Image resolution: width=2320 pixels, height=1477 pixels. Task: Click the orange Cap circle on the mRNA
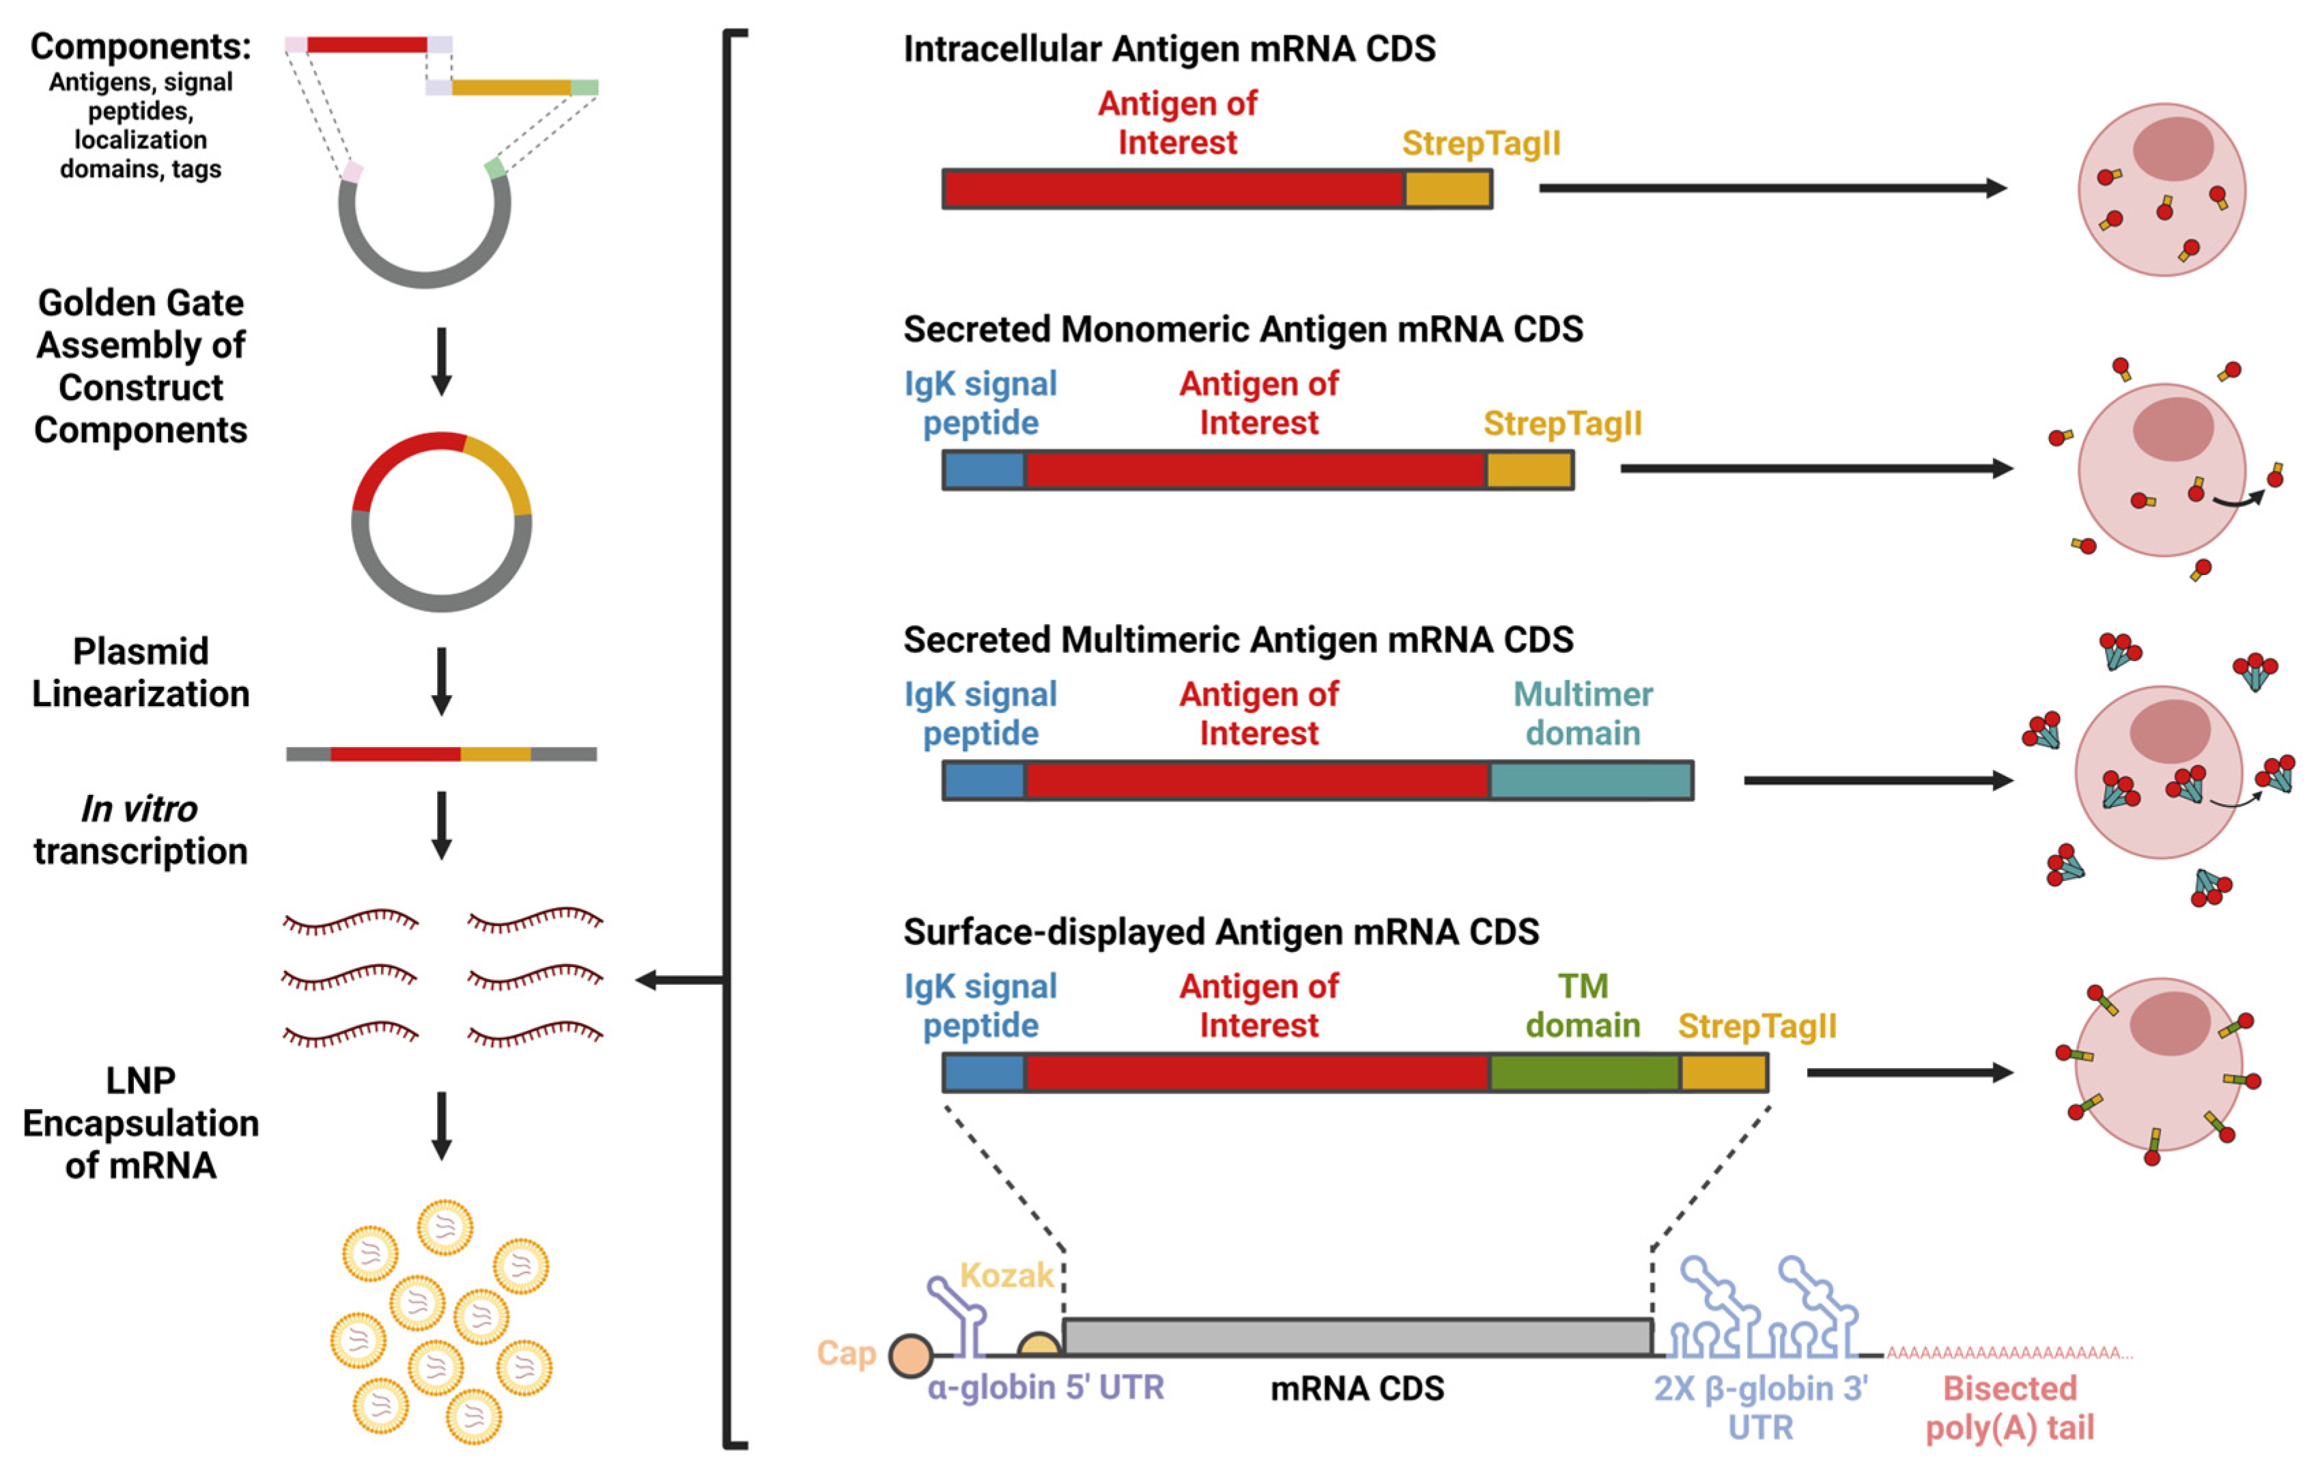tap(909, 1355)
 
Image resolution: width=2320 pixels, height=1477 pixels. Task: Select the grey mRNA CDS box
tap(1357, 1337)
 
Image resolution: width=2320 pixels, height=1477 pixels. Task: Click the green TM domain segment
tap(1584, 1072)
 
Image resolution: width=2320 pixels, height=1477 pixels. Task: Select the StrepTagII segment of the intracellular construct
tap(1447, 189)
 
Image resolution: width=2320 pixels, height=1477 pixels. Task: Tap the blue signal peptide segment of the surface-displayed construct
tap(984, 1072)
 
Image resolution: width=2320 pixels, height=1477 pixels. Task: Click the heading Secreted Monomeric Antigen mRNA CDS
tap(1242, 330)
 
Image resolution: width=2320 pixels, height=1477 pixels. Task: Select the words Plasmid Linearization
tap(141, 673)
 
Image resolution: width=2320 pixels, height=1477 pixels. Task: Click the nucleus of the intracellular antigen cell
tap(2172, 148)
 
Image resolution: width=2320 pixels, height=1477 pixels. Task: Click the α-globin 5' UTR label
tap(1045, 1388)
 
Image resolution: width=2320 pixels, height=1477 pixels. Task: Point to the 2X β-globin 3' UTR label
tap(1760, 1407)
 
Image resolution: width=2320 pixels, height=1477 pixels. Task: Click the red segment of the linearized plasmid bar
tap(395, 753)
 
